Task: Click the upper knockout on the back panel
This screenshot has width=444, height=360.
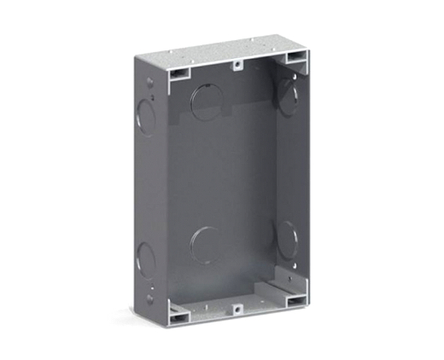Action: coord(207,101)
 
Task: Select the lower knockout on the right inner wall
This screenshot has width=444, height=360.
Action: coord(287,239)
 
